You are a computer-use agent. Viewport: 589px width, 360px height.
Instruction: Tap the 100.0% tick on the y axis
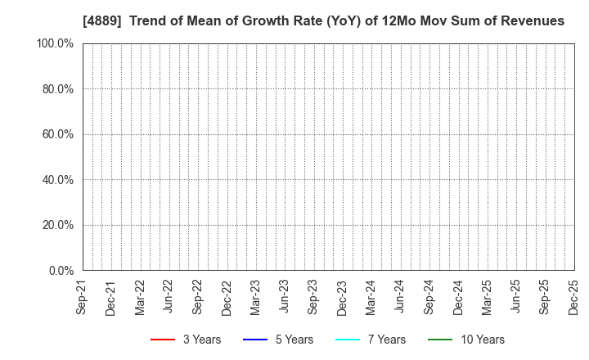click(55, 43)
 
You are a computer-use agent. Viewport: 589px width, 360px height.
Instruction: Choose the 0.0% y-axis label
click(60, 270)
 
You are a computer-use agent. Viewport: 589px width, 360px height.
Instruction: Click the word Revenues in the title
click(533, 21)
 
